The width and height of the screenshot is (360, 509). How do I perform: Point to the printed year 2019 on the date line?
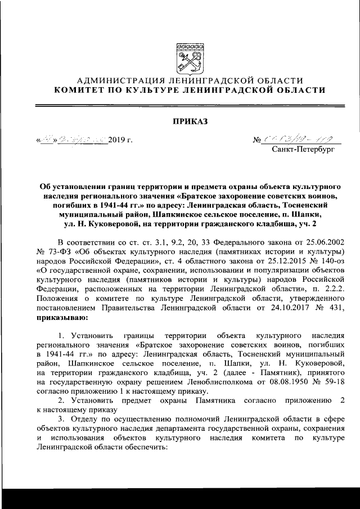coord(118,138)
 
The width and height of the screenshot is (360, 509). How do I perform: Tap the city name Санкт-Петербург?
coord(302,150)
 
